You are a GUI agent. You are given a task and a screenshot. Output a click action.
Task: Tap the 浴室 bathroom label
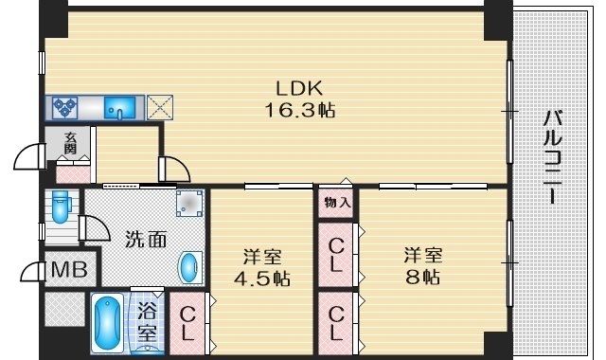pyautogui.click(x=148, y=322)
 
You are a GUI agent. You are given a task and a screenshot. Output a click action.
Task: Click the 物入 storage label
pyautogui.click(x=336, y=202)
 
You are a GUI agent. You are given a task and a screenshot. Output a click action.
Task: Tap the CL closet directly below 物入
pyautogui.click(x=336, y=253)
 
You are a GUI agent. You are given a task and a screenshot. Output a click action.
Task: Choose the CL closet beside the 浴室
pyautogui.click(x=187, y=322)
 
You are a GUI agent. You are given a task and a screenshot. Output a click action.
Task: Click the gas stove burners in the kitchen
pyautogui.click(x=65, y=106)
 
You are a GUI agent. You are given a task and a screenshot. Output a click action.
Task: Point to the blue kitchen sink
pyautogui.click(x=120, y=107)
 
